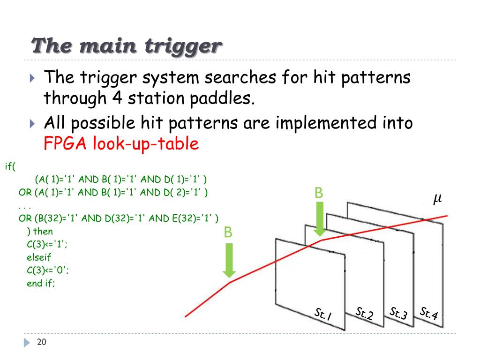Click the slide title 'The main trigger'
(126, 46)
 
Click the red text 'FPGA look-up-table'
(121, 143)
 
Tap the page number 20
(42, 342)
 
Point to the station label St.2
(364, 314)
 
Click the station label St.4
(428, 313)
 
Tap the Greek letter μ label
(437, 199)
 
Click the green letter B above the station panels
(319, 193)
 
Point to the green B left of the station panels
(228, 232)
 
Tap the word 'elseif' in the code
(39, 257)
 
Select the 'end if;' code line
(41, 283)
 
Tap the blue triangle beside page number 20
(27, 343)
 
